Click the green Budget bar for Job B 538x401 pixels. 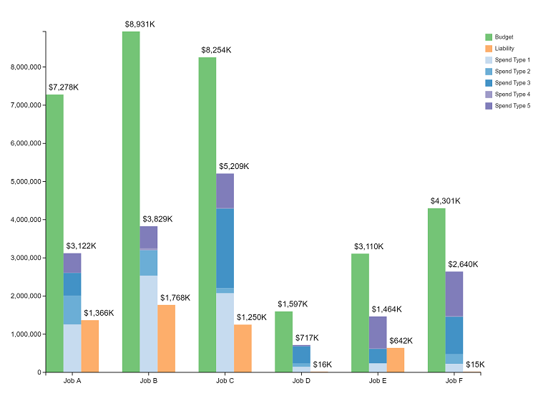click(x=131, y=200)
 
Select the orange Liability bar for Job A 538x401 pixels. click(x=90, y=346)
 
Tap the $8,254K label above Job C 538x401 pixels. click(x=215, y=50)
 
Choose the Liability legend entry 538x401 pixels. click(x=505, y=48)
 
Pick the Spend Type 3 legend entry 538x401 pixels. click(x=512, y=83)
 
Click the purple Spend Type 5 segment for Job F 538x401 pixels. click(x=454, y=294)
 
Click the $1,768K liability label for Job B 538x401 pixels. click(x=175, y=298)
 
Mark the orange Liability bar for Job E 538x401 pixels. click(x=396, y=359)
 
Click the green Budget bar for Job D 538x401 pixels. click(x=283, y=342)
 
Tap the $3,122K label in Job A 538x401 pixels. click(x=81, y=246)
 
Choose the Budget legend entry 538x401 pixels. click(x=504, y=37)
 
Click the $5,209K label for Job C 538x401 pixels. click(x=234, y=166)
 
